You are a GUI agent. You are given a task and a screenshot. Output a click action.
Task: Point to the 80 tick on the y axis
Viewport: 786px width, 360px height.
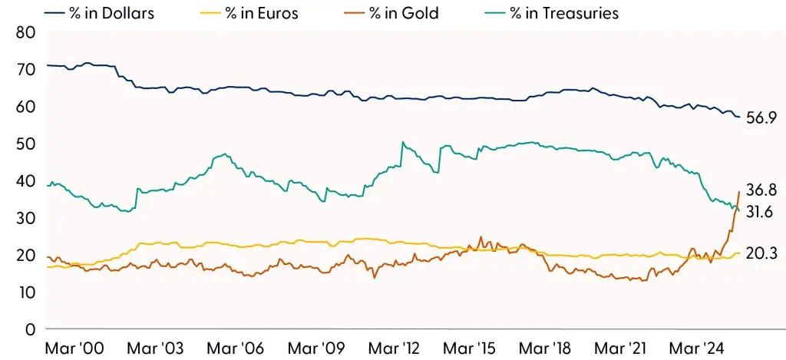tap(26, 32)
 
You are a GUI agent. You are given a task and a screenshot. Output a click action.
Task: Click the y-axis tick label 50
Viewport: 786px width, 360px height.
tap(26, 144)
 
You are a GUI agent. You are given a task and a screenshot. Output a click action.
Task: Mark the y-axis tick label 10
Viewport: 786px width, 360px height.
tap(26, 292)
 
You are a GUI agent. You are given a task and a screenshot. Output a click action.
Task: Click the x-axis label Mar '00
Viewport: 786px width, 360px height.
tap(75, 348)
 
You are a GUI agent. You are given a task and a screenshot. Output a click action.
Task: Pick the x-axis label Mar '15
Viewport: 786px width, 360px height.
tap(474, 348)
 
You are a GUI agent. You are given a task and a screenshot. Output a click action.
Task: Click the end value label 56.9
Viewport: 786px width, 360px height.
tap(760, 119)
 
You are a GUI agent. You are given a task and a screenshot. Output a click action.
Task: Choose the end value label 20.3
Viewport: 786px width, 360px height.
tap(760, 253)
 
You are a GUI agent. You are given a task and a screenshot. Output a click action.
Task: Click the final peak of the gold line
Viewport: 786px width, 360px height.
tap(738, 191)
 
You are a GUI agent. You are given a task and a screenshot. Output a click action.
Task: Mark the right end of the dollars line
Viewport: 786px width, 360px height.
tap(739, 117)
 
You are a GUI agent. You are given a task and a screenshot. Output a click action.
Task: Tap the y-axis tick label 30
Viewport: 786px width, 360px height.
tap(26, 218)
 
